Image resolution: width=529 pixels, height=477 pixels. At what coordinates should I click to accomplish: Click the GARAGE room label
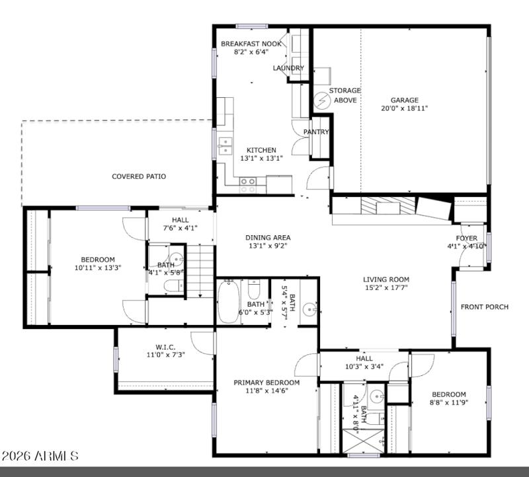coord(404,100)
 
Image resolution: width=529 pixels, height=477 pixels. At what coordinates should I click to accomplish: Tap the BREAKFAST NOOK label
coord(251,44)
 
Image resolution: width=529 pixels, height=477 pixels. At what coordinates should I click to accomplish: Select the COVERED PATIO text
coord(138,176)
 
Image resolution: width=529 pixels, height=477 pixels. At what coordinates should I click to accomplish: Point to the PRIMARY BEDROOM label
coord(266,383)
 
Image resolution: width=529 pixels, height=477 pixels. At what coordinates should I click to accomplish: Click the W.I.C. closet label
coord(165,347)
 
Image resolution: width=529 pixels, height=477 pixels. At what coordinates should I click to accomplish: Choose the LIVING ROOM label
coord(386,279)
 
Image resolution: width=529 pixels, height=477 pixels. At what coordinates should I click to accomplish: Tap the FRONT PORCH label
coord(485,307)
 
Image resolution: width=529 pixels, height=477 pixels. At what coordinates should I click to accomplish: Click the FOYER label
coord(466,238)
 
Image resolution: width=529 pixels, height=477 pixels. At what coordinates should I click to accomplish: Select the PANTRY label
coord(316,132)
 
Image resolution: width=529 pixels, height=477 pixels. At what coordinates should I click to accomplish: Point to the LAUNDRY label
coord(288,68)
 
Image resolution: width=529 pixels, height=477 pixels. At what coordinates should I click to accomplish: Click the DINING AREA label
coord(268,238)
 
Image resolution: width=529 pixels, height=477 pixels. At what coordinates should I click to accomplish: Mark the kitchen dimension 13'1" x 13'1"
coord(261,158)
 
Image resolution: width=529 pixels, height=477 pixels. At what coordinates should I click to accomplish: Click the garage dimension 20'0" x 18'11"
coord(404,108)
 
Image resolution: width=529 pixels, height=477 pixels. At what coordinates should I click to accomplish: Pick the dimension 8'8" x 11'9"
coord(449,403)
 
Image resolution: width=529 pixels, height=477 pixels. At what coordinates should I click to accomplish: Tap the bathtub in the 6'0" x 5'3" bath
coord(228,302)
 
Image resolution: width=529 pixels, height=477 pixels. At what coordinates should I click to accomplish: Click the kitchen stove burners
coord(248,184)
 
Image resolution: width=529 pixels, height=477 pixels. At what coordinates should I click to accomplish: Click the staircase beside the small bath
coord(199,271)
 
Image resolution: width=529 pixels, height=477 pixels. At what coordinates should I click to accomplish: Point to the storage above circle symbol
coord(322,100)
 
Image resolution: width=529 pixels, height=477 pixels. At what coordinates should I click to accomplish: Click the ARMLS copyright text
coord(40,456)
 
